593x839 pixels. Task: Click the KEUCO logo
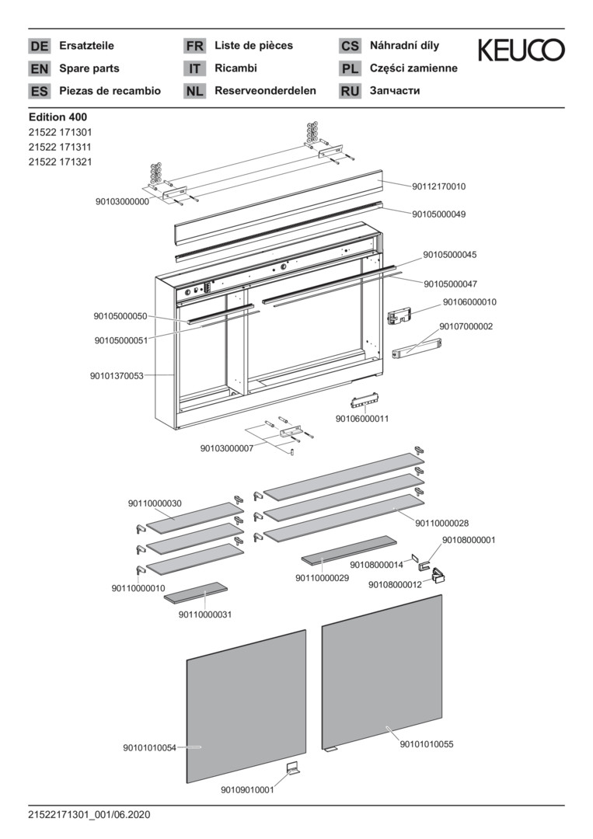(521, 51)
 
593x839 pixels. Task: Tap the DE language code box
(39, 46)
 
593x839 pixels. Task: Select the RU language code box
(350, 91)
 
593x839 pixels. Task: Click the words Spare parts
(89, 68)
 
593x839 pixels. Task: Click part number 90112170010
(439, 186)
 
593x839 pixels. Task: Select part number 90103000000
(122, 201)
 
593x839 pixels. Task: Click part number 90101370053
(117, 376)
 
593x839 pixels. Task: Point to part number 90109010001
(247, 791)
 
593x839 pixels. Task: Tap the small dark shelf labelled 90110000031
(195, 593)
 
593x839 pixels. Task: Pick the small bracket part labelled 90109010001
(293, 769)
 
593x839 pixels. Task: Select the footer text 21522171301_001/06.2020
(89, 815)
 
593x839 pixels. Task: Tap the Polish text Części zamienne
(413, 68)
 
